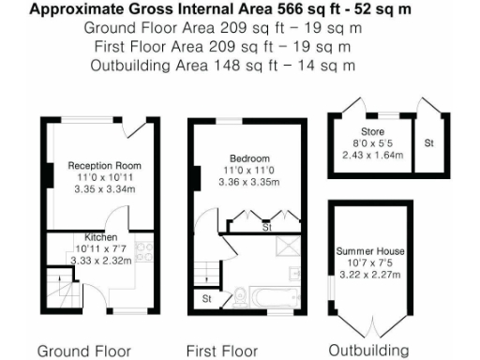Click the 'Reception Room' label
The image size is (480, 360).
103,165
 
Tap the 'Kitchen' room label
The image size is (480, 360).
100,237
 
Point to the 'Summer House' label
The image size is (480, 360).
370,252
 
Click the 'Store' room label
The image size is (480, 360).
372,132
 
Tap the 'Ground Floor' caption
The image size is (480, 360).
84,351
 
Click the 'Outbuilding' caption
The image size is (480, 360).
368,351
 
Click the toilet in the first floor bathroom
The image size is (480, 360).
243,296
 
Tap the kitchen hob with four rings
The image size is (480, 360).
146,250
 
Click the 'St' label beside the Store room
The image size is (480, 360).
428,143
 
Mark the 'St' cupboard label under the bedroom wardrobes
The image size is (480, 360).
266,227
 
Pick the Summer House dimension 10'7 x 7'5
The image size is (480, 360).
370,264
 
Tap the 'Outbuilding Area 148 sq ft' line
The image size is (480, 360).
222,65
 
